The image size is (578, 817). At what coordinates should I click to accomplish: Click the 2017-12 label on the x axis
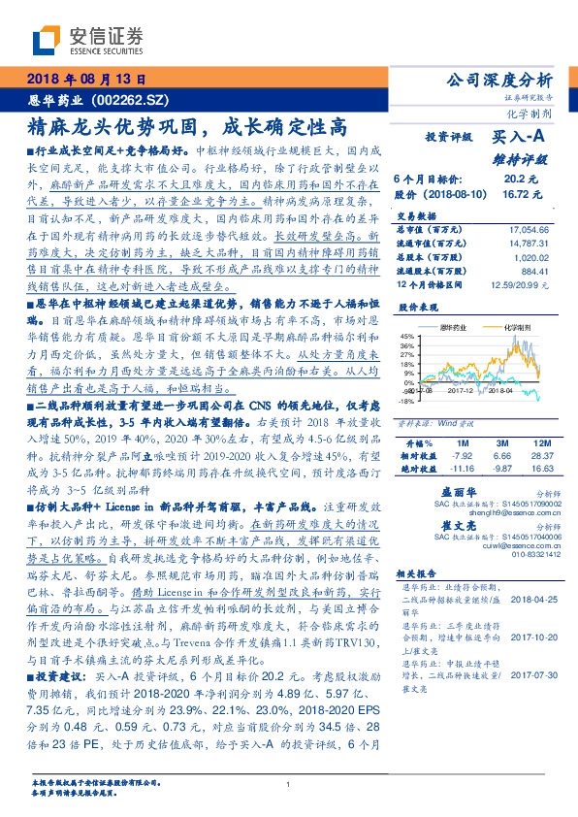coord(460,392)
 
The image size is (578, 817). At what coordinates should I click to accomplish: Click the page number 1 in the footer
coord(289,783)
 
